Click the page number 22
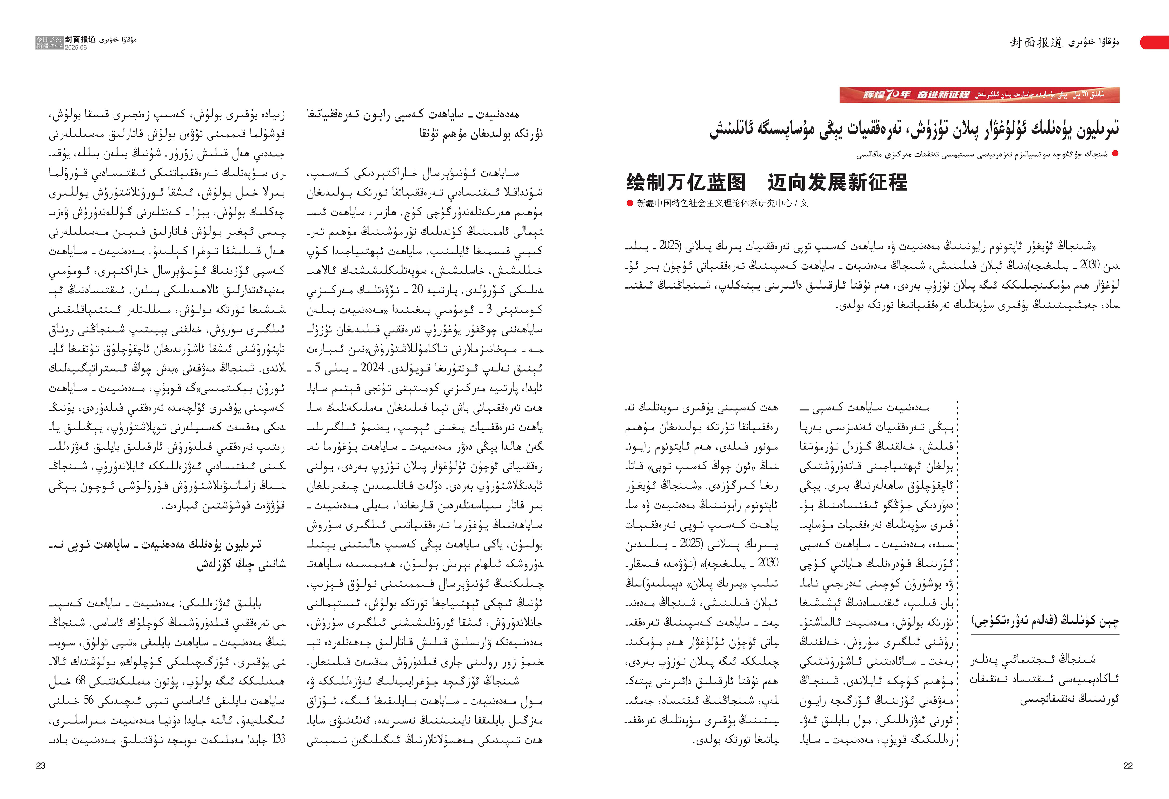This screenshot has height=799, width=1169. [1128, 765]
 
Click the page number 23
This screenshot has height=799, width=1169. [41, 765]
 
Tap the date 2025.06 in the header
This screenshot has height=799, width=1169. [75, 48]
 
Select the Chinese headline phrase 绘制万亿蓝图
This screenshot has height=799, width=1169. [686, 182]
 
